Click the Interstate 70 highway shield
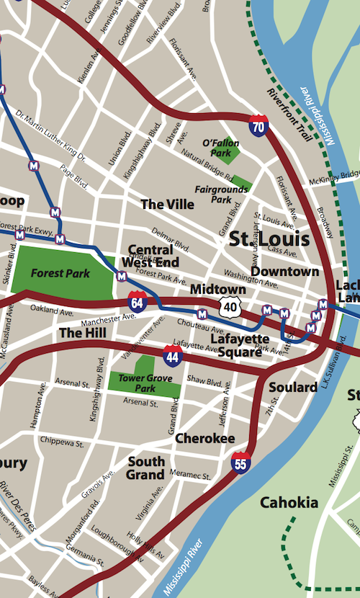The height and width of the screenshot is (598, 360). [x=258, y=125]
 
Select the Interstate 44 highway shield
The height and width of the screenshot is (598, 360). [x=173, y=354]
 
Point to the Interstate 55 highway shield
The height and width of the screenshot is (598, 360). [x=240, y=462]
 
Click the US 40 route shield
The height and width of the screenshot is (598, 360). [x=230, y=308]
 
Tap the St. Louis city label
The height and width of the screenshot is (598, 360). [x=269, y=239]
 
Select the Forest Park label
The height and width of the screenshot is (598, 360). [x=60, y=274]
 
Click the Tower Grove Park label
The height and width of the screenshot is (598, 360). [x=136, y=383]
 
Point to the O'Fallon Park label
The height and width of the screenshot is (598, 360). [x=220, y=148]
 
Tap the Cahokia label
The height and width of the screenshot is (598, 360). [x=289, y=502]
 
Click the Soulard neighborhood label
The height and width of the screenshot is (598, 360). [x=293, y=388]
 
